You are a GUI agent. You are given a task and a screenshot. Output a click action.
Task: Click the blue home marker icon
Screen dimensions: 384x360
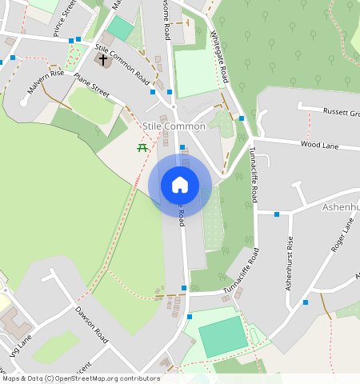180,185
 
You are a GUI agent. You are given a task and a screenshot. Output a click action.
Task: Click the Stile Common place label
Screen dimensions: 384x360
174,126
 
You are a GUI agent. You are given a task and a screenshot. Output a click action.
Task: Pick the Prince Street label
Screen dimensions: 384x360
65,18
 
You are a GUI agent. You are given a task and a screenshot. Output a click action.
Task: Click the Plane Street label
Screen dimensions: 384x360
91,86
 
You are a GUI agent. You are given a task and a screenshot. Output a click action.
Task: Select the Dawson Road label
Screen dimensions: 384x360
91,325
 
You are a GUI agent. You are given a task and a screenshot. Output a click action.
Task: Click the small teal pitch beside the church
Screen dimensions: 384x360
121,29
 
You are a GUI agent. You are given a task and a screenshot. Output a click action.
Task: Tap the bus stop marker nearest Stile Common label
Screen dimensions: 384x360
182,147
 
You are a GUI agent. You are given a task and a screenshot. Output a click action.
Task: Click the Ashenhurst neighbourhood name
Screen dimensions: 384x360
341,207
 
